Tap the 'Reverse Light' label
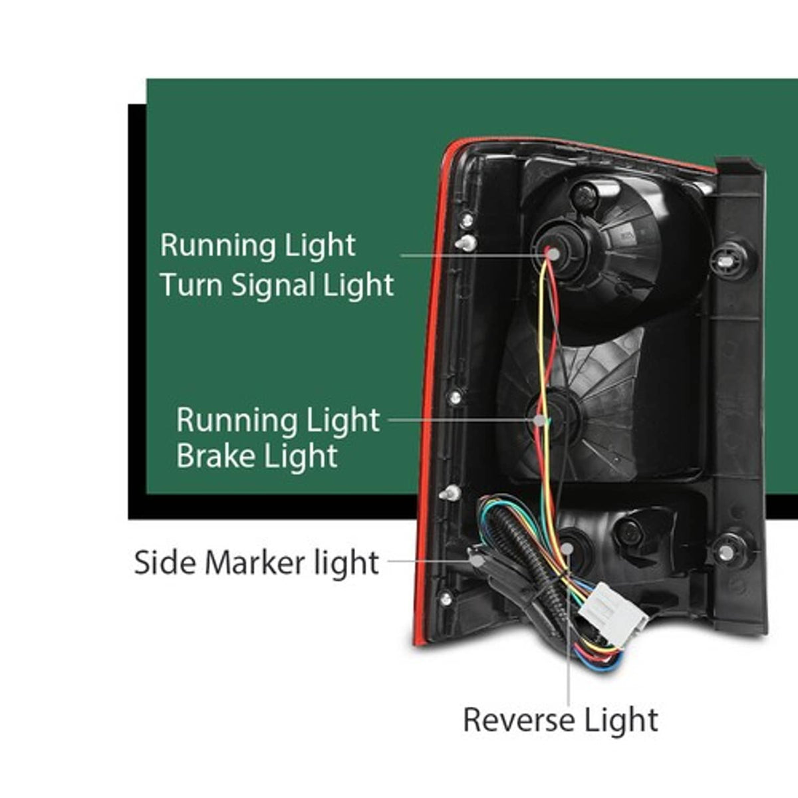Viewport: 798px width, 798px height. coord(561,721)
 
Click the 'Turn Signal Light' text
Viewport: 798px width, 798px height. coord(277,285)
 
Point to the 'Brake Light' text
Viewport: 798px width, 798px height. coord(257,456)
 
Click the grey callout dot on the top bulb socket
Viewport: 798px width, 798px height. coord(553,254)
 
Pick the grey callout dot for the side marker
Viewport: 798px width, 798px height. coord(478,561)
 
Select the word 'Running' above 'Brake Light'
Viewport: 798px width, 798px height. coord(234,420)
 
